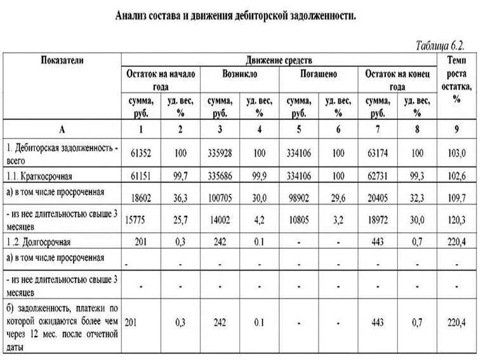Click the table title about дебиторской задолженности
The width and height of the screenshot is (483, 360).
235,15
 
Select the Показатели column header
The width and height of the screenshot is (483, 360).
62,60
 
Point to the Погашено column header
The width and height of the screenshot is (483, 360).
318,74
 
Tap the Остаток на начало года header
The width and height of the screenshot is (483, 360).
161,80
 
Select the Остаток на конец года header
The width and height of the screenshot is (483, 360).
397,80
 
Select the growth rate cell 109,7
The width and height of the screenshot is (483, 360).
456,197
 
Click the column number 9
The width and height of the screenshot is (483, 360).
456,130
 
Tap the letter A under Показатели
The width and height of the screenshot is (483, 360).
62,130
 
